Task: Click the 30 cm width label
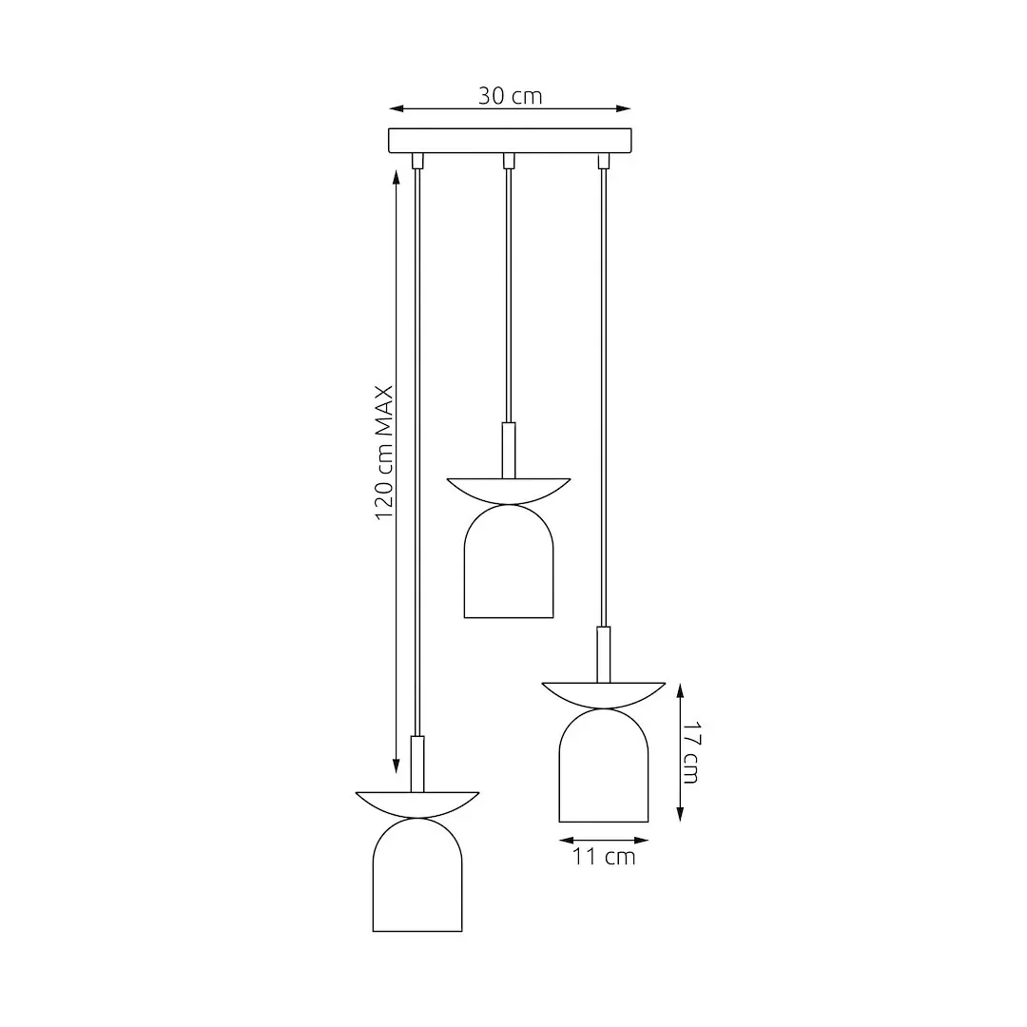click(510, 96)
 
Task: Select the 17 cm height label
click(691, 753)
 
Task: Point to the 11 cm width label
click(604, 857)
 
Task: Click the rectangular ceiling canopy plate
click(510, 141)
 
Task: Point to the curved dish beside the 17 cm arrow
click(603, 692)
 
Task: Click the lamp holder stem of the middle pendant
click(509, 450)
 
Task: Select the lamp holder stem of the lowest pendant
click(417, 763)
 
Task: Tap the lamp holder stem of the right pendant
click(603, 653)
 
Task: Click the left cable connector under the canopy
click(417, 161)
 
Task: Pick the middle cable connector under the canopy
click(509, 161)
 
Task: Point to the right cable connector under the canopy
click(602, 161)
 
